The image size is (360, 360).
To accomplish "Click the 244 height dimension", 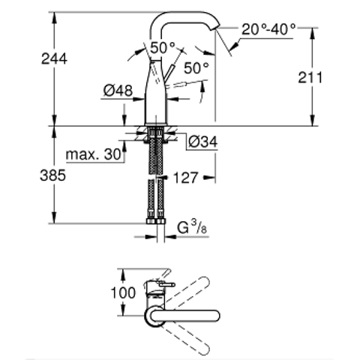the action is pos(54,59).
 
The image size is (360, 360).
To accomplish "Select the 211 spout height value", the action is pos(310,78).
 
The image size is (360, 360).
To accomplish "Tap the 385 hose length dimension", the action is pos(53,175).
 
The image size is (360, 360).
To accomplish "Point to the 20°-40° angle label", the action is pos(268,29).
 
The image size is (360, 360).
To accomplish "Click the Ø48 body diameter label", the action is pos(118,91).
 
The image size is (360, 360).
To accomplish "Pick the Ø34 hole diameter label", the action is pos(203,142).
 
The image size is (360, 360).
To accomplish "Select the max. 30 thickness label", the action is pos(94,154).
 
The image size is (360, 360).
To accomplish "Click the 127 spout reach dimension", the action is pos(185,178).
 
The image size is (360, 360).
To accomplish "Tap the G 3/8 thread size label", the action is pos(192,228).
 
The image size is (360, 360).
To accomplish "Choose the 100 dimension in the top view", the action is pos(123,292).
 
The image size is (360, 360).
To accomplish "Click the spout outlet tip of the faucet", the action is pos(216,28).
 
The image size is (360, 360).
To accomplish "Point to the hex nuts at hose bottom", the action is pos(155,221).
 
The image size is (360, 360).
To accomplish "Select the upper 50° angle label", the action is pos(163,47).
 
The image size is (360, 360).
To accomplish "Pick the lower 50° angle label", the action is pos(196,68).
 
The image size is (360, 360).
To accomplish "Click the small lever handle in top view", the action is pos(167,284).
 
